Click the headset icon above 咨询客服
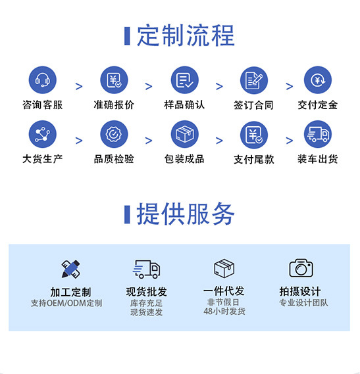click(43, 80)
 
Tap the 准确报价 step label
click(114, 105)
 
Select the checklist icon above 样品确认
click(185, 80)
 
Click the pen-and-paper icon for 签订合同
click(254, 80)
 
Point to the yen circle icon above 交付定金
click(318, 80)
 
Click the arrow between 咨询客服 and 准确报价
click(79, 86)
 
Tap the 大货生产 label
click(43, 159)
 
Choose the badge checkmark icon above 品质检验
click(114, 134)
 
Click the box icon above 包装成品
click(185, 134)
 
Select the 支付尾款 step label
click(254, 159)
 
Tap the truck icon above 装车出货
click(318, 134)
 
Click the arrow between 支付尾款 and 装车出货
click(290, 141)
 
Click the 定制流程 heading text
click(186, 35)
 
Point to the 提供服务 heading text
click(186, 214)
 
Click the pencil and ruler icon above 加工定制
click(70, 269)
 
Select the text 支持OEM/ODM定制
click(66, 303)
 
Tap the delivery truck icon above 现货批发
click(146, 269)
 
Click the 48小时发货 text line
click(224, 312)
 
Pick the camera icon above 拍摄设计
click(301, 268)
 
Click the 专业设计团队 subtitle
click(303, 302)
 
